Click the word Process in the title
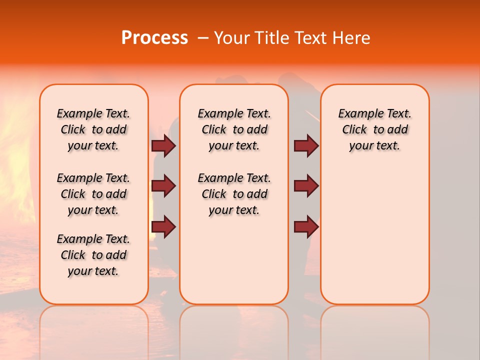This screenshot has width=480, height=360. click(154, 38)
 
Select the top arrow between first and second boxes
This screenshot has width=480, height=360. click(163, 145)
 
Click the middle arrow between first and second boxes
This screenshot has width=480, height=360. click(163, 186)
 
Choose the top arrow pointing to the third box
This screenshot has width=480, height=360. click(306, 145)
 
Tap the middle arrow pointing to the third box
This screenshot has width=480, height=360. click(306, 186)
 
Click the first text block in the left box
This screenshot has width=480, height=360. click(93, 129)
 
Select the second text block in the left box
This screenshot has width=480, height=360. click(93, 194)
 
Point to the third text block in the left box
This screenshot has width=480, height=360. click(93, 255)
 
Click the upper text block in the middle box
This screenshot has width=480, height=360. click(234, 129)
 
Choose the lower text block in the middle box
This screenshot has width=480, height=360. click(234, 194)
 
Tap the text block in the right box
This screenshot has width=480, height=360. click(375, 129)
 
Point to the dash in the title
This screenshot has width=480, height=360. click(203, 38)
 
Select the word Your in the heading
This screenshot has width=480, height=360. click(232, 38)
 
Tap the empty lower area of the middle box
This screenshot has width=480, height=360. click(234, 260)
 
